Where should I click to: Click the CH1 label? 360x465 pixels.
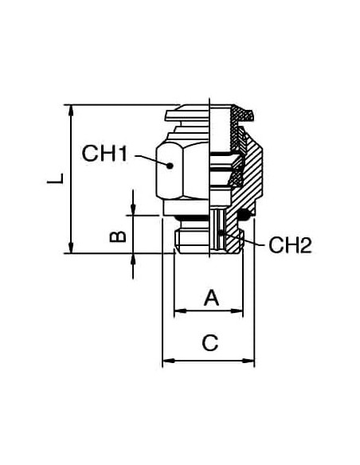pyautogui.click(x=104, y=154)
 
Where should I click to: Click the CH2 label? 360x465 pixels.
pyautogui.click(x=290, y=245)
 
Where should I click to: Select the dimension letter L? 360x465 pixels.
pyautogui.click(x=56, y=178)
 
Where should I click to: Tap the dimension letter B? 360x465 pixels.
pyautogui.click(x=118, y=236)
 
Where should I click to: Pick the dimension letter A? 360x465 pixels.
pyautogui.click(x=211, y=298)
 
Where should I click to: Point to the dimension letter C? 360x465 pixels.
pyautogui.click(x=210, y=342)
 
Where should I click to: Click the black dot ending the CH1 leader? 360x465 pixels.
pyautogui.click(x=170, y=166)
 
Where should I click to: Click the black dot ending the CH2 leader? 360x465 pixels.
pyautogui.click(x=221, y=232)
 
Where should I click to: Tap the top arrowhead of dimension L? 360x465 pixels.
pyautogui.click(x=71, y=111)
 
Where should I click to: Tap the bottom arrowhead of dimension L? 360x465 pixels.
pyautogui.click(x=71, y=248)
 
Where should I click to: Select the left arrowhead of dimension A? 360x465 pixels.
pyautogui.click(x=180, y=311)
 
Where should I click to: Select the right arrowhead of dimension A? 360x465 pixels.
pyautogui.click(x=237, y=311)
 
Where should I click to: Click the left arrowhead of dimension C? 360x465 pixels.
pyautogui.click(x=168, y=361)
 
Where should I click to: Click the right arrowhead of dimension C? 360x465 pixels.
pyautogui.click(x=248, y=361)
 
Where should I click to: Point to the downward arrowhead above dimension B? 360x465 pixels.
pyautogui.click(x=132, y=209)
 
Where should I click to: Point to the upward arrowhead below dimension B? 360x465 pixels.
pyautogui.click(x=132, y=260)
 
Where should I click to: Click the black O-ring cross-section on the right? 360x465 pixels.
pyautogui.click(x=245, y=215)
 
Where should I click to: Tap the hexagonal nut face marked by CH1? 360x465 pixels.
pyautogui.click(x=170, y=170)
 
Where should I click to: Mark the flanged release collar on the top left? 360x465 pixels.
pyautogui.click(x=187, y=115)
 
